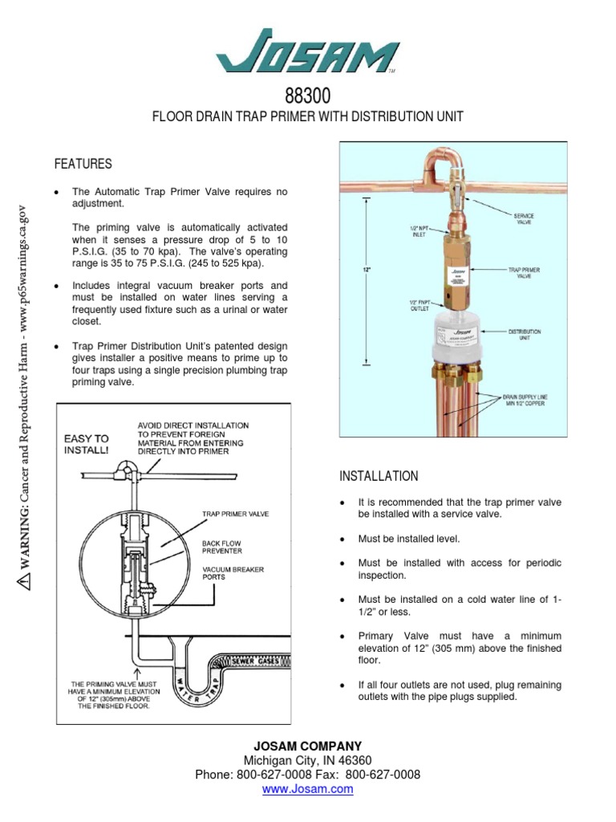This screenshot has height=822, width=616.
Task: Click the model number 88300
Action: (x=308, y=97)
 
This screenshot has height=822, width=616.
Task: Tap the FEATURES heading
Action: (x=83, y=164)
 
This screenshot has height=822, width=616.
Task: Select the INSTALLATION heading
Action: (x=379, y=476)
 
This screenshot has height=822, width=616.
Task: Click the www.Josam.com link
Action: (x=308, y=789)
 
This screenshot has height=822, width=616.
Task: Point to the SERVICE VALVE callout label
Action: (x=524, y=218)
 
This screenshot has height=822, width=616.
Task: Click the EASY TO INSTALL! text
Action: (x=86, y=444)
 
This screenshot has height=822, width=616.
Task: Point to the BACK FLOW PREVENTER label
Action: (x=222, y=547)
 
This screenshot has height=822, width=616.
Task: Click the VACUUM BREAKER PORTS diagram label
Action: (x=232, y=574)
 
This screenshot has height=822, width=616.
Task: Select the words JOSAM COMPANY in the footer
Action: (x=308, y=746)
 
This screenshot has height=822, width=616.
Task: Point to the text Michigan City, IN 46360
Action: (x=308, y=760)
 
